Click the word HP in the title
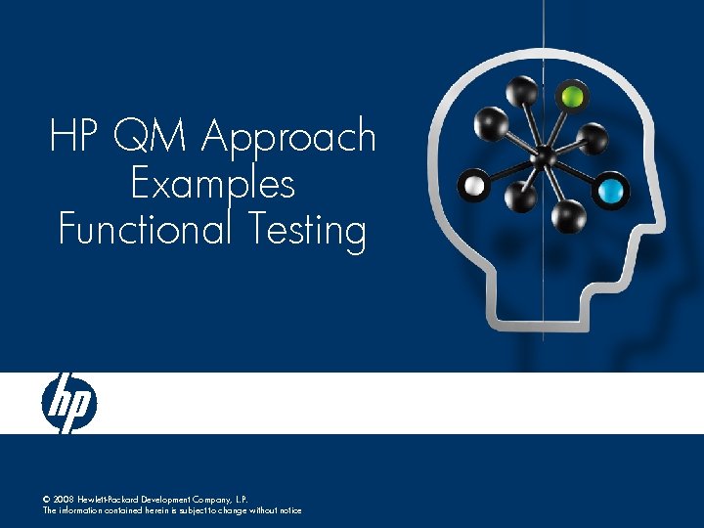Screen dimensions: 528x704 [75, 137]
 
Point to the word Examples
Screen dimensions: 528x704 [212, 185]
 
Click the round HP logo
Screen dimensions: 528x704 [68, 403]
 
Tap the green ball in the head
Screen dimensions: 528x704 [572, 97]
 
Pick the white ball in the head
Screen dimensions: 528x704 [474, 184]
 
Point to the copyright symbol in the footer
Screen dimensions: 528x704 [47, 499]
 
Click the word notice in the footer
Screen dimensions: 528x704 [288, 510]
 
